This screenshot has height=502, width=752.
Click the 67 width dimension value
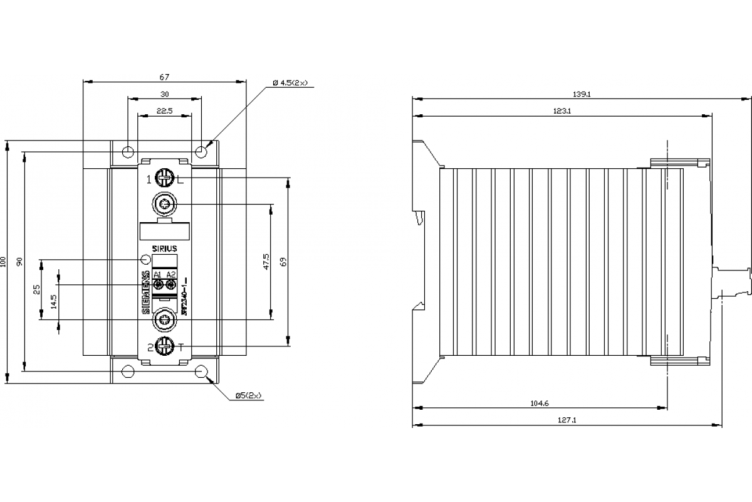tap(164, 77)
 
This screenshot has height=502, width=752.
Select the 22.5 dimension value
tap(164, 111)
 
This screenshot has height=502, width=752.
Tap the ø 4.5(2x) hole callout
tap(290, 83)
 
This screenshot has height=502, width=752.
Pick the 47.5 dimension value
tap(266, 262)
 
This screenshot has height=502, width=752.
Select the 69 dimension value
tap(283, 262)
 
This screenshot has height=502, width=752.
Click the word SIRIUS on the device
tap(165, 248)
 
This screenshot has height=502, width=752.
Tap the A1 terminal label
tap(158, 275)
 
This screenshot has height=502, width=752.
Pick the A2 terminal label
tap(170, 275)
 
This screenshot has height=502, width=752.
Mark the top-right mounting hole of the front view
tap(201, 152)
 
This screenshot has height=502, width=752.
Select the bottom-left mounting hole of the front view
tap(128, 371)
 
